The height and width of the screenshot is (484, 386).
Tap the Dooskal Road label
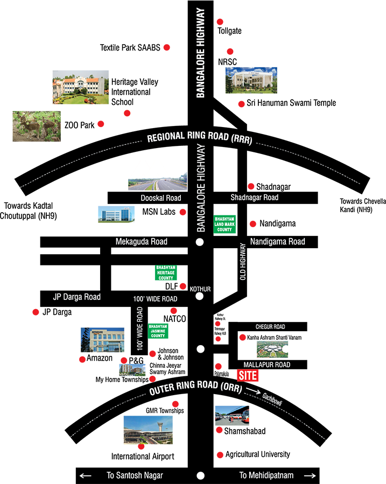point(160,198)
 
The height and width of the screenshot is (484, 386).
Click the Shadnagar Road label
point(254,198)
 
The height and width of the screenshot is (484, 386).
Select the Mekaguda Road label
point(142,242)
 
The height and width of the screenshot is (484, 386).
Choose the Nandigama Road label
point(278,242)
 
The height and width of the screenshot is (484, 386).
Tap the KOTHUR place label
point(200,289)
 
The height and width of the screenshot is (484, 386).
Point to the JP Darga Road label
point(76,297)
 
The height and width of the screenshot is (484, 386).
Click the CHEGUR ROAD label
point(270,327)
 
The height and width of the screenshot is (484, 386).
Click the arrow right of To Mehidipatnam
point(309,476)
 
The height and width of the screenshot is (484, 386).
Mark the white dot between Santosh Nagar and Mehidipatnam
point(201,476)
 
